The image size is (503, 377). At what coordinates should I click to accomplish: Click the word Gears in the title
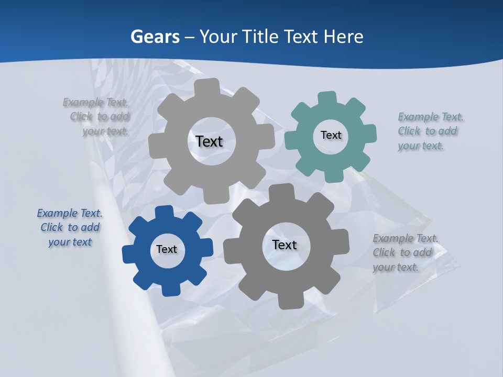(x=155, y=37)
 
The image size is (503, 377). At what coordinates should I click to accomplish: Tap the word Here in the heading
(x=343, y=37)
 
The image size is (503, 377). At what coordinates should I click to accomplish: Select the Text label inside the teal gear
(x=331, y=135)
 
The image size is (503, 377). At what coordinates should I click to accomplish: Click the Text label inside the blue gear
(x=167, y=249)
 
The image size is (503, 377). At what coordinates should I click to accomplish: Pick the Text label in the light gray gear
(x=209, y=141)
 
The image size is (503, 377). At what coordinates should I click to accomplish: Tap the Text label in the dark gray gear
(x=285, y=245)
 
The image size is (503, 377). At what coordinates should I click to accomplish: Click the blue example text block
(x=70, y=227)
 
